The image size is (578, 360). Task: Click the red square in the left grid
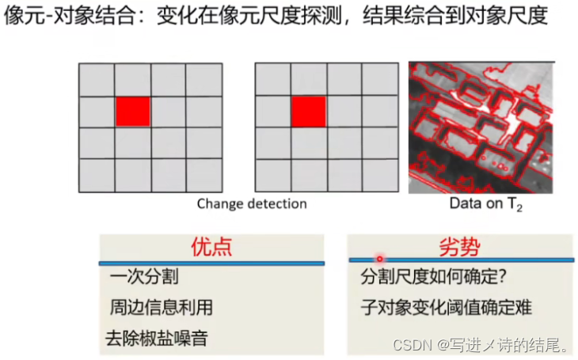[x=133, y=112]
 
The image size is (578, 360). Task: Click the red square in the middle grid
[x=309, y=112]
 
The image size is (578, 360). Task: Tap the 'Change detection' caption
[x=252, y=204]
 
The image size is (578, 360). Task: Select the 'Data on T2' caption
[x=486, y=204]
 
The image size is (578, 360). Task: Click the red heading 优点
[x=211, y=247]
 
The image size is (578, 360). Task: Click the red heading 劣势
[x=460, y=247]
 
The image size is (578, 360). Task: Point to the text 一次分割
[x=144, y=276]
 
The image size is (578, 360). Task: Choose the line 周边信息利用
[x=162, y=307]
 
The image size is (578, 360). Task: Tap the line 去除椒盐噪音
[x=157, y=339]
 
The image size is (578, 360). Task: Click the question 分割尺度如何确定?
[x=433, y=277]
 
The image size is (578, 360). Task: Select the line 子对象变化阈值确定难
[x=447, y=307]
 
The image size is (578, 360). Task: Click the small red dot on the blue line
[x=380, y=259]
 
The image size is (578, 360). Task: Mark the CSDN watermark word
[x=413, y=345]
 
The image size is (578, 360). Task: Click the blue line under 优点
[x=211, y=263]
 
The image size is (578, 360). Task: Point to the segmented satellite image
[x=481, y=127]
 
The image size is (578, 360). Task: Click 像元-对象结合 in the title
[x=69, y=16]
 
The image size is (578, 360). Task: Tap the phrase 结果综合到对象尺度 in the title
[x=455, y=16]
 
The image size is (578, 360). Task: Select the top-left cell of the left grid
[x=97, y=81]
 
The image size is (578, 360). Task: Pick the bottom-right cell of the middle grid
[x=380, y=176]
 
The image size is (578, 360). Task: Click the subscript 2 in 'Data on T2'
[x=519, y=209]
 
